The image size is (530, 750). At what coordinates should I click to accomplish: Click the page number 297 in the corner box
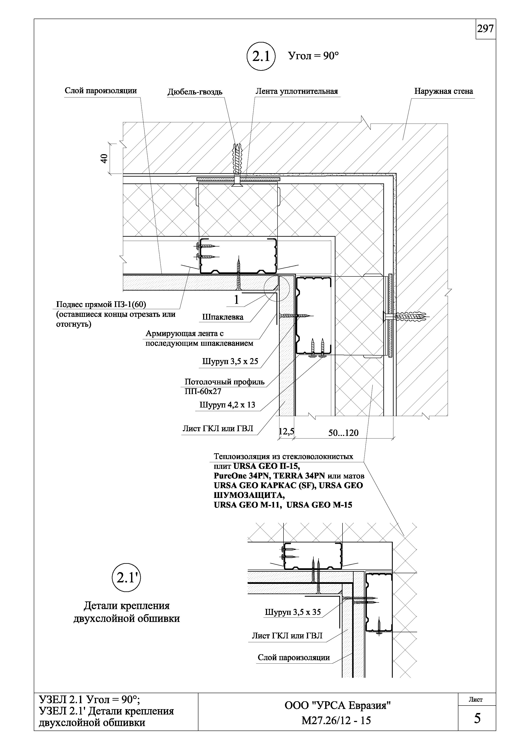coord(485,29)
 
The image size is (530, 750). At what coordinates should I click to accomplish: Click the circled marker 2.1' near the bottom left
coord(126,578)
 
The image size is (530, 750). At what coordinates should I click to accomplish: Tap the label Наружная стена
coord(443,91)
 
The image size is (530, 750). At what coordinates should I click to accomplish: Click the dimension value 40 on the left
coord(104,159)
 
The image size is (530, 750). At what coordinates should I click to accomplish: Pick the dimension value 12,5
coord(286,432)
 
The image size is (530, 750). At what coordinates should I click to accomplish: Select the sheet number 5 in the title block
coord(477,719)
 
